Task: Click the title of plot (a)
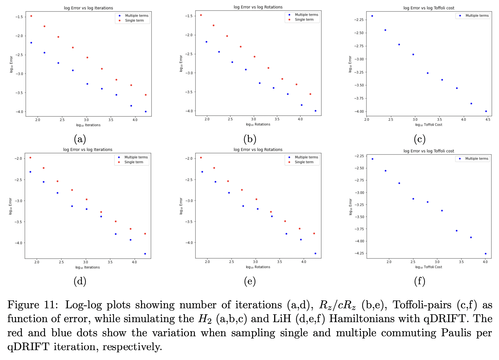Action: point(88,8)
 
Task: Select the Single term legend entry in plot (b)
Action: point(304,19)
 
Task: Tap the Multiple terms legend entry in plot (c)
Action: point(477,16)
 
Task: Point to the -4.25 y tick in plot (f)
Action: point(359,253)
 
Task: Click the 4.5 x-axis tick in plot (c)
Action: point(488,120)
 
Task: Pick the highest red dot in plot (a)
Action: point(31,16)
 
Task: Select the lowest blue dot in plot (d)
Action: point(145,254)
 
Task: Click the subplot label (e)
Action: point(250,281)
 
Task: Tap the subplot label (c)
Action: point(420,139)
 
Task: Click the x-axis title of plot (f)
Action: point(428,267)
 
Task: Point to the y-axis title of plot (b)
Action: point(181,64)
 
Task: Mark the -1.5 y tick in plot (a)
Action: point(19,17)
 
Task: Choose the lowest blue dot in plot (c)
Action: point(486,111)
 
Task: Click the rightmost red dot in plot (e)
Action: point(314,233)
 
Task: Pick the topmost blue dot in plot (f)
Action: point(372,159)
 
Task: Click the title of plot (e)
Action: point(258,149)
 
